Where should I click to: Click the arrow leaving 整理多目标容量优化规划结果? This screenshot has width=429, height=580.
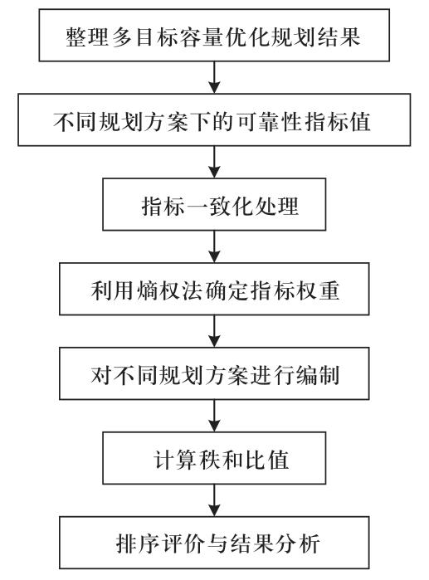214,77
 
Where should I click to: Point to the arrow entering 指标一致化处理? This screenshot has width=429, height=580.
214,162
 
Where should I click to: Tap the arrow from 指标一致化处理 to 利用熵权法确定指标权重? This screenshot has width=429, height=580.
214,246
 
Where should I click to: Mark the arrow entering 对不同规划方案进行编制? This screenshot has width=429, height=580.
214,331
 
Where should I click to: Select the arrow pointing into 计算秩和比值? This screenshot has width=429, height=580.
214,416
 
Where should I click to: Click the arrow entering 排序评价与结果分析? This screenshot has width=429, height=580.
214,500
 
